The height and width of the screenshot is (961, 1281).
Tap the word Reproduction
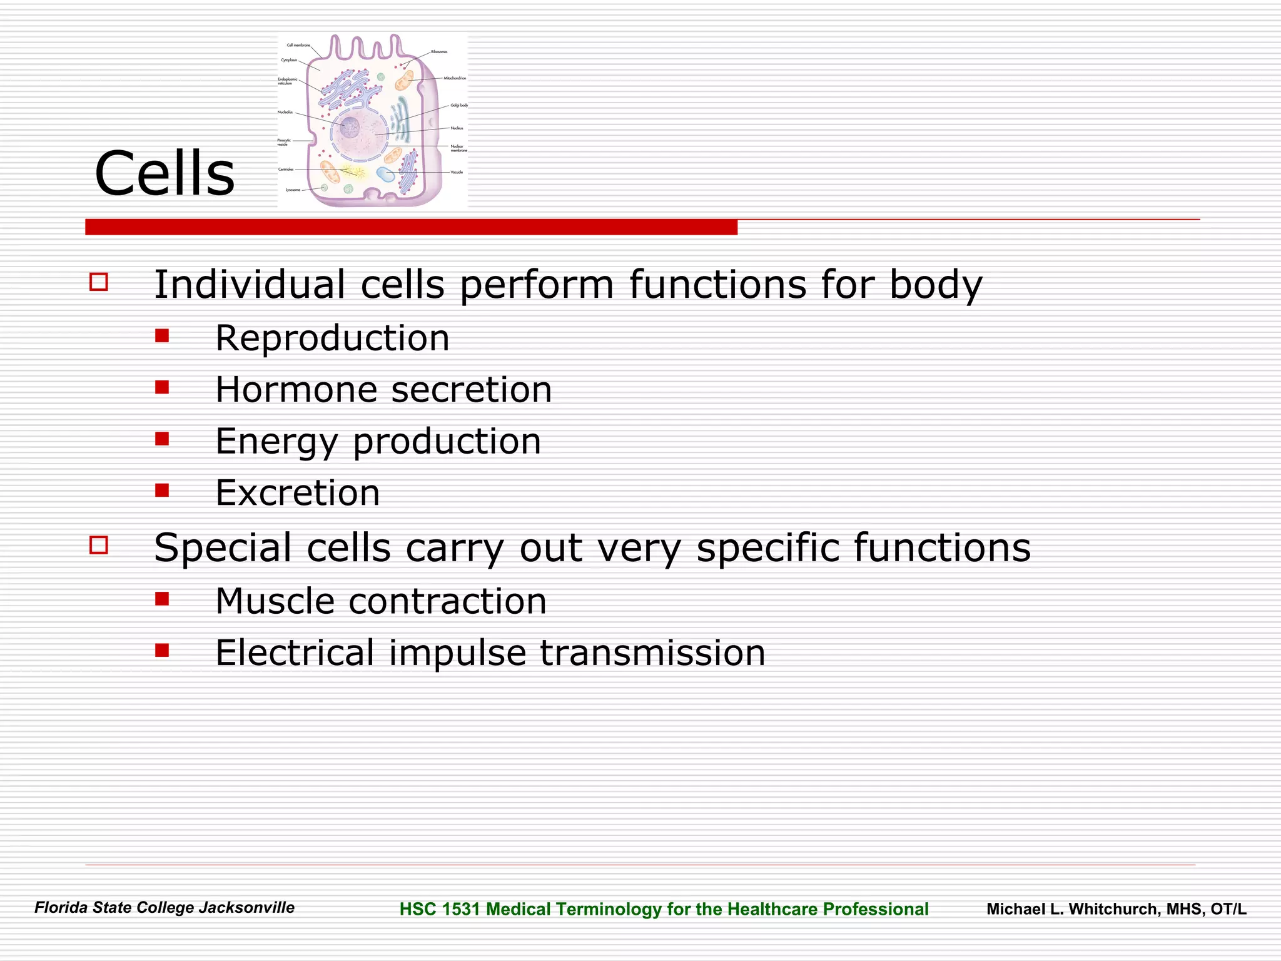pos(332,338)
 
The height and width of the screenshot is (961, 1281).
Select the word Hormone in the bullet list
pos(295,390)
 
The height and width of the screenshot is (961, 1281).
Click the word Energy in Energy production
pos(276,442)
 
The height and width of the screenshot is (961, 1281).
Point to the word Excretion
pos(298,493)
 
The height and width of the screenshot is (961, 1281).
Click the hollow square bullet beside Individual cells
pos(99,282)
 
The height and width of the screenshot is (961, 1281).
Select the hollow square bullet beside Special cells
pos(99,545)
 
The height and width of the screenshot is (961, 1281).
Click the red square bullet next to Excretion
pos(163,490)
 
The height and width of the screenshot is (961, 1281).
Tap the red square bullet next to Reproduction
pos(163,336)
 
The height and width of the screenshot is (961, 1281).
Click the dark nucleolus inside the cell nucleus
pos(349,128)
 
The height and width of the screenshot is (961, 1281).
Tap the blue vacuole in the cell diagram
pos(385,175)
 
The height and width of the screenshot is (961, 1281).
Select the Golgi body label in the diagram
pos(458,106)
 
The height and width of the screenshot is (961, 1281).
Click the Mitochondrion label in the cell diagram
pos(455,78)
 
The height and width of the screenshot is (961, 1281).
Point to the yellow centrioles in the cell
pos(354,170)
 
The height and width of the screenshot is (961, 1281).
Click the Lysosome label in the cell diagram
pos(293,190)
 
